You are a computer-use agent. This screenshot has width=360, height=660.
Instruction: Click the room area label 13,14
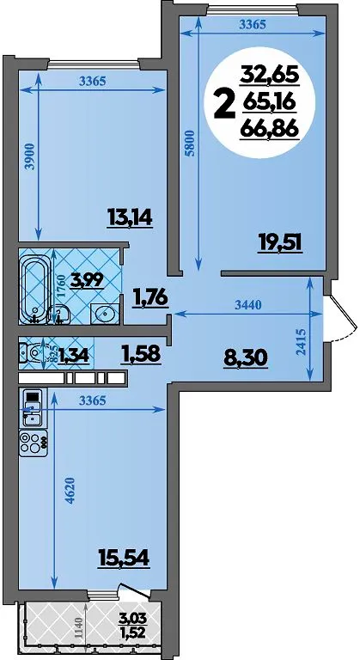point(130,218)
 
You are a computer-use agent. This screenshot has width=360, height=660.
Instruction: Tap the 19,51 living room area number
point(280,243)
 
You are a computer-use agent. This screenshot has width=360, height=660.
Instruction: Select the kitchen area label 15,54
point(124,559)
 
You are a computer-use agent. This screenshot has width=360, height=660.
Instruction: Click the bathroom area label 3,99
point(87,280)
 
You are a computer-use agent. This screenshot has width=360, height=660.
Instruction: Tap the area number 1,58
point(141,353)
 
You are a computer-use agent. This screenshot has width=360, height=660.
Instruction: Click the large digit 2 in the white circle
point(224,105)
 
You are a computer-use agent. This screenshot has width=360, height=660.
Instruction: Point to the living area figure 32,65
point(269,76)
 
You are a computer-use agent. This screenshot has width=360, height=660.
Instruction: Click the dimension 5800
point(190,144)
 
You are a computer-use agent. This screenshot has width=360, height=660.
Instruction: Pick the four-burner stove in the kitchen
point(33,443)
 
